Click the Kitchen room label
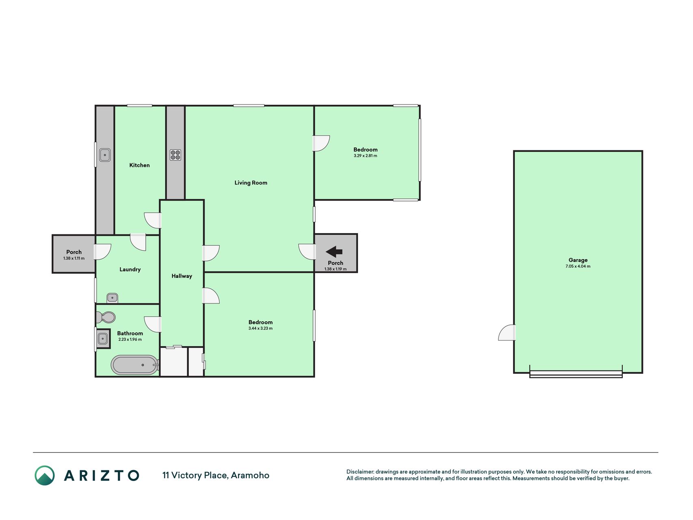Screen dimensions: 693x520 click(139, 165)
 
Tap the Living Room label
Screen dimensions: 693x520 click(251, 183)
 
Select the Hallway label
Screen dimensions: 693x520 click(181, 276)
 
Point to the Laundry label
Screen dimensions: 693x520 click(130, 269)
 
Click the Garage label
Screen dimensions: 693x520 click(578, 260)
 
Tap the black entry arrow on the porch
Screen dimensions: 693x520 click(334, 252)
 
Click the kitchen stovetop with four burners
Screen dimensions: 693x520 click(175, 155)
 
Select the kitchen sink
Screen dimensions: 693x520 click(105, 155)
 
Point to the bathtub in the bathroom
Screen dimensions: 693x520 click(134, 365)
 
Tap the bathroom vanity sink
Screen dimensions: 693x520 click(103, 338)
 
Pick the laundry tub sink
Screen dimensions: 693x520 click(112, 298)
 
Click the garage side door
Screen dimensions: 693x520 click(507, 332)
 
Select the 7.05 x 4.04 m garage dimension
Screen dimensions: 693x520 click(578, 266)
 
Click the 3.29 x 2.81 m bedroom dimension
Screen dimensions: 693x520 click(365, 156)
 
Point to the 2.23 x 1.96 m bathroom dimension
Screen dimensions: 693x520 click(130, 340)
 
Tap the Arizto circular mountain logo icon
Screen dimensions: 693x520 click(45, 475)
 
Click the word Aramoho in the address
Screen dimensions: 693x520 click(250, 475)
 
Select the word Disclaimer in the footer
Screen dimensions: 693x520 click(360, 472)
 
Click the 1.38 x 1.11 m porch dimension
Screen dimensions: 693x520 click(74, 258)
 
